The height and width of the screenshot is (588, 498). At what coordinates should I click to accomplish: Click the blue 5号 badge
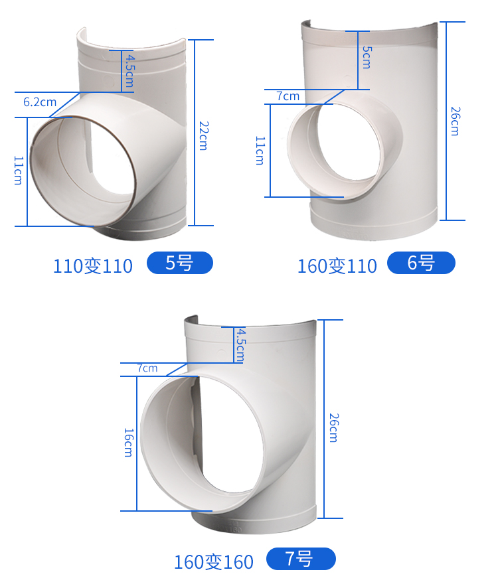[x=180, y=263]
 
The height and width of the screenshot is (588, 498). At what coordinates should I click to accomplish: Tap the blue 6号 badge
[x=421, y=263]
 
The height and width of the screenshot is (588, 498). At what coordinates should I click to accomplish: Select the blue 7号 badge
[x=301, y=559]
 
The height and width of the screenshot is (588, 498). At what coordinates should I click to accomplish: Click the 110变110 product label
[x=93, y=266]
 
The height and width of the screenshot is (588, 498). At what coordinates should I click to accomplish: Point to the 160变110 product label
[x=337, y=266]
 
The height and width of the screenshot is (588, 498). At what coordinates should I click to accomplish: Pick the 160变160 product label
[x=214, y=561]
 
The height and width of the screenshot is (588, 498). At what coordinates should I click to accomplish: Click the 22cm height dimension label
[x=203, y=135]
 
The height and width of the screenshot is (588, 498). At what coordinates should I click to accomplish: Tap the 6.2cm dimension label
[x=40, y=102]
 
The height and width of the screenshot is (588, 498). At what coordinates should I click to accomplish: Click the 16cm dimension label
[x=128, y=443]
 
